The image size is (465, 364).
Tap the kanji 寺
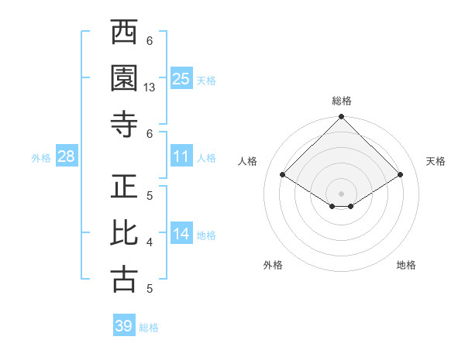(125, 124)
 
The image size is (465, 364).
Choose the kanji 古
(125, 279)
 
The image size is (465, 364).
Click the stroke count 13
(150, 88)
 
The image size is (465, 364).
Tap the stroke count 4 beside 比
(150, 242)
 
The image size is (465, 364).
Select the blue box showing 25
(181, 79)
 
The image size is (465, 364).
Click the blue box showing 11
(181, 156)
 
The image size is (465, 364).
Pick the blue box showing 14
(181, 234)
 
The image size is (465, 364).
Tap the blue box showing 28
(66, 157)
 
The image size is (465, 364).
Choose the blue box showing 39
(124, 326)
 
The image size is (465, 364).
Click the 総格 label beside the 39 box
(149, 328)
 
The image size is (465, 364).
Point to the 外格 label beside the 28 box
(41, 158)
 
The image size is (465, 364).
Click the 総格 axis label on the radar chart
(342, 101)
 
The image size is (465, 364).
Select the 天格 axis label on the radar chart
(436, 161)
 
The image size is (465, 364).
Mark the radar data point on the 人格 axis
(283, 175)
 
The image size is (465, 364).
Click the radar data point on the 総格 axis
(342, 118)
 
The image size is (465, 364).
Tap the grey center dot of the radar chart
(342, 192)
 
